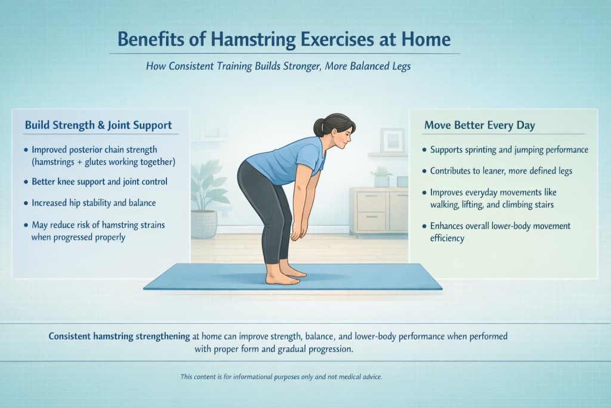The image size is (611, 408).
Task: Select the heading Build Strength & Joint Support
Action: click(98, 125)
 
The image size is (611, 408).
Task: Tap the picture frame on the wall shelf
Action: click(392, 140)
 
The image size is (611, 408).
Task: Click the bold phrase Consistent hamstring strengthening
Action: click(119, 336)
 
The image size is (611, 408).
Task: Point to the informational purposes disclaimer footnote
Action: click(280, 377)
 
